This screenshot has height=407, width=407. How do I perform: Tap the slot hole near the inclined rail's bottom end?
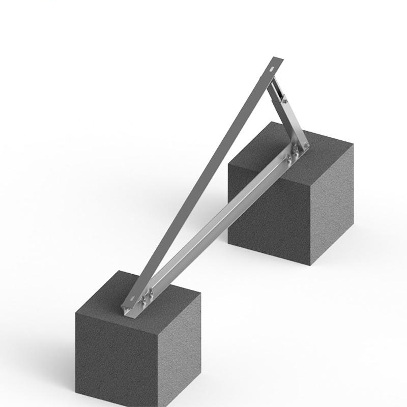(x=133, y=296)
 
